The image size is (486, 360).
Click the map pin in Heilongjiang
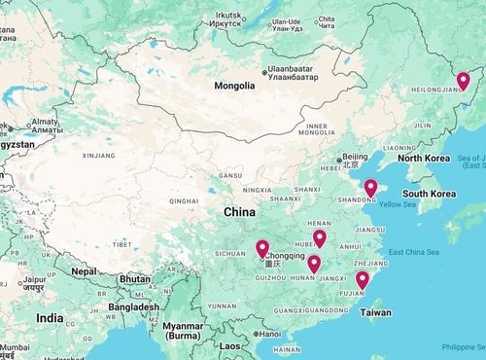pos(463,82)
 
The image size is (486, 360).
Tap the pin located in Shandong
pos(370,188)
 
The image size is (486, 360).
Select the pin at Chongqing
pos(262,249)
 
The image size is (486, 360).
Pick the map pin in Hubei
pos(319,238)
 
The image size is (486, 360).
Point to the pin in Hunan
pos(314,264)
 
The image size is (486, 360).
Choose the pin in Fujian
pos(363,280)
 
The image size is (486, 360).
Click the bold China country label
pos(240,211)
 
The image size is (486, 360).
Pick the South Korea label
pos(430,194)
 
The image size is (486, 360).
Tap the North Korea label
pos(423,158)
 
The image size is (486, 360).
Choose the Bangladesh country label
pos(133,306)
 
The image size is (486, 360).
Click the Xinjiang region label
pos(98,155)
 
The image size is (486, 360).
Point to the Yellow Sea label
pos(397,204)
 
